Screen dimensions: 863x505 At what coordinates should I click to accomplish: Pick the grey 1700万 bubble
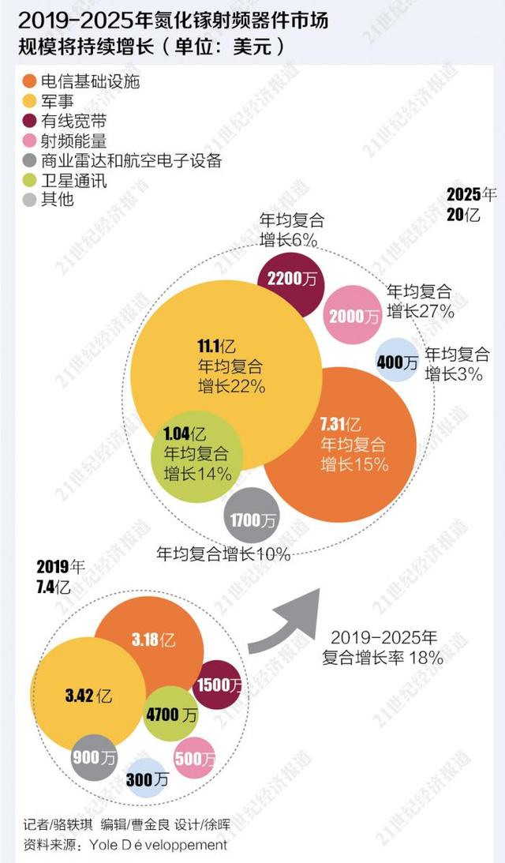pyautogui.click(x=252, y=519)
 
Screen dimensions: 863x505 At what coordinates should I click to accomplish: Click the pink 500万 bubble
pyautogui.click(x=193, y=759)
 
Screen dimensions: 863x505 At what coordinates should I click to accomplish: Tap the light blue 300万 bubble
pyautogui.click(x=148, y=780)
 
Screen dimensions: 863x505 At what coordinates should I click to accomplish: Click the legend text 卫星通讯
pyautogui.click(x=73, y=180)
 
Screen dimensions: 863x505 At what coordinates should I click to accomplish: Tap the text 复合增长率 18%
pyautogui.click(x=382, y=657)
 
